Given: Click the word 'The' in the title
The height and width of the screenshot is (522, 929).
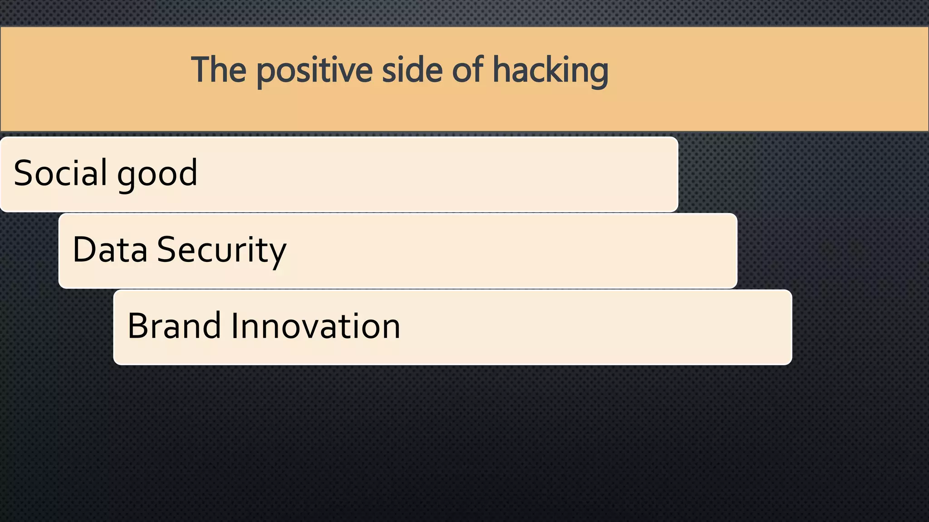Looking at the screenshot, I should pyautogui.click(x=219, y=70).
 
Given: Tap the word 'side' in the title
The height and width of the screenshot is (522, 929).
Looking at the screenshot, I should pyautogui.click(x=412, y=70).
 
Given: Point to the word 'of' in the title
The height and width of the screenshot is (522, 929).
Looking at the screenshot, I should pyautogui.click(x=468, y=70).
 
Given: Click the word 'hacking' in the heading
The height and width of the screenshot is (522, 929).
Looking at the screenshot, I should pyautogui.click(x=550, y=71).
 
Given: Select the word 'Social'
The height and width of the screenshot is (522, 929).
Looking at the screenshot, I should pyautogui.click(x=60, y=173).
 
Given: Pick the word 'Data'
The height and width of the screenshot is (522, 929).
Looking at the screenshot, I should pyautogui.click(x=110, y=249).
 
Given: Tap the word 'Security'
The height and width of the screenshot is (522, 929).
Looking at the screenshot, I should pyautogui.click(x=221, y=250).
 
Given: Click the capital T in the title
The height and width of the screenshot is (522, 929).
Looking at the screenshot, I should pyautogui.click(x=200, y=70).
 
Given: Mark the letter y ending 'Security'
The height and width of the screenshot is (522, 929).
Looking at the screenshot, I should pyautogui.click(x=278, y=252).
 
